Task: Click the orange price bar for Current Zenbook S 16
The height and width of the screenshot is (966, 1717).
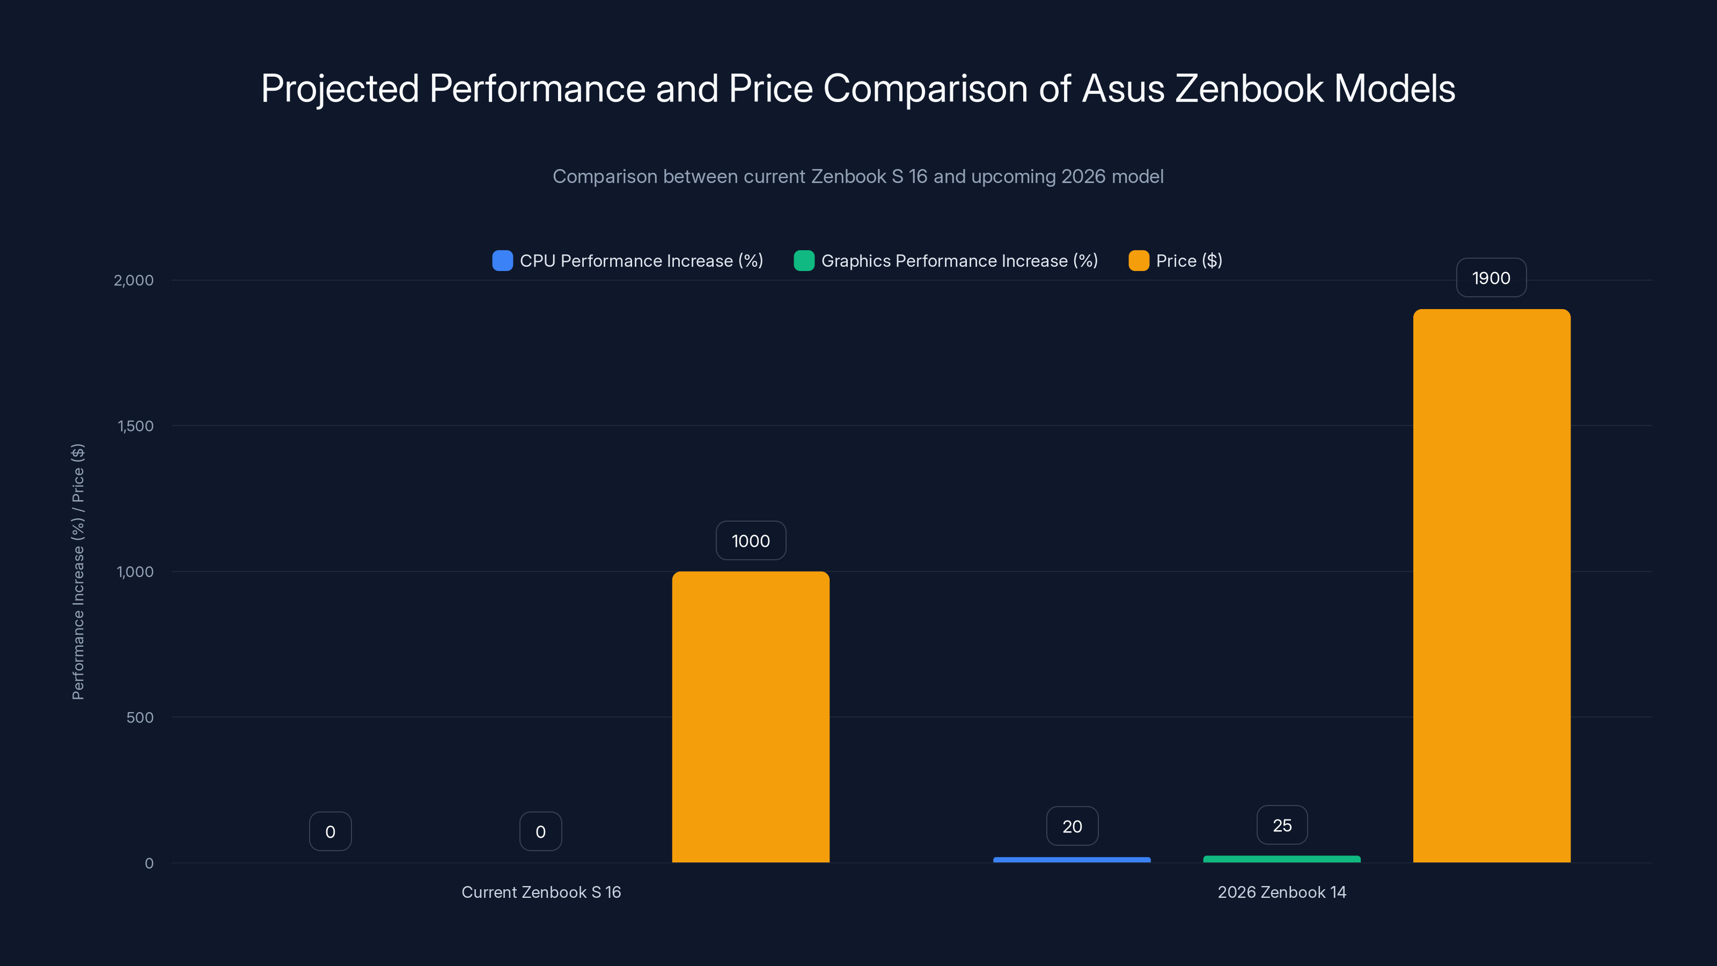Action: tap(751, 716)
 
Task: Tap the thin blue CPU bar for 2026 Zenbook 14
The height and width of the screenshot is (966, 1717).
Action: tap(1071, 860)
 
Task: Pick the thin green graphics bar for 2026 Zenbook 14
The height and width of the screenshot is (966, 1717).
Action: tap(1281, 859)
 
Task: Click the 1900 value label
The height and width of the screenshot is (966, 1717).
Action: tap(1491, 278)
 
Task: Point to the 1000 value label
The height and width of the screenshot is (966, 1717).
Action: tap(751, 540)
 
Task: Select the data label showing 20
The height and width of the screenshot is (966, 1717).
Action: tap(1072, 826)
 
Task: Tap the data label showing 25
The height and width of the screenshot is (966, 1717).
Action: tap(1282, 825)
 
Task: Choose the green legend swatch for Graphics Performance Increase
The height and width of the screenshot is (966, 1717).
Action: tap(804, 261)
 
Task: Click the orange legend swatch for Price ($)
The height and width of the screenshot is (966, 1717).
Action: tap(1139, 261)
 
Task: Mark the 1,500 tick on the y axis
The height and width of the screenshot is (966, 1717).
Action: tap(135, 426)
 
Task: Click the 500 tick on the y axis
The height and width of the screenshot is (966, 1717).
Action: tap(140, 718)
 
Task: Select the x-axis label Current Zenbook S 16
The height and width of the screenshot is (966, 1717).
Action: tap(540, 892)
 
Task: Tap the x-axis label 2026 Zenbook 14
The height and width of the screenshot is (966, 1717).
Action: tap(1281, 892)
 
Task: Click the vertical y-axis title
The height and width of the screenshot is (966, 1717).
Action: tap(78, 572)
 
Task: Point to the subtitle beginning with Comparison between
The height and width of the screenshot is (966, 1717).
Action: tap(858, 177)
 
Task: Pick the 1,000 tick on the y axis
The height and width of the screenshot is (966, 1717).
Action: tap(135, 572)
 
